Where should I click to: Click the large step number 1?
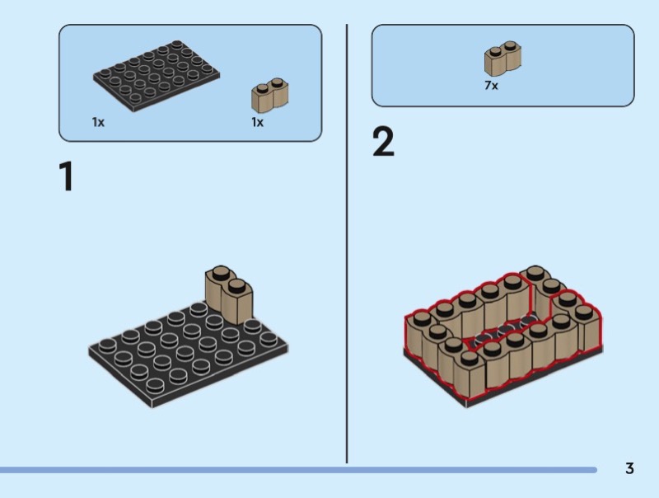click(65, 176)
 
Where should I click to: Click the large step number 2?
click(383, 142)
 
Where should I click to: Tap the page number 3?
click(629, 469)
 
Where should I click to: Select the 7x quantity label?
click(491, 86)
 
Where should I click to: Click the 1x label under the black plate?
click(98, 122)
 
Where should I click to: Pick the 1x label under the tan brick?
click(257, 122)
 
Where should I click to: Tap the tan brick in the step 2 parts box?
click(504, 59)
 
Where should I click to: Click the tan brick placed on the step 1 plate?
click(228, 294)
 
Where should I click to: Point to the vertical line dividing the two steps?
click(347, 247)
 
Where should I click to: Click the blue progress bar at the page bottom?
click(297, 470)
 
